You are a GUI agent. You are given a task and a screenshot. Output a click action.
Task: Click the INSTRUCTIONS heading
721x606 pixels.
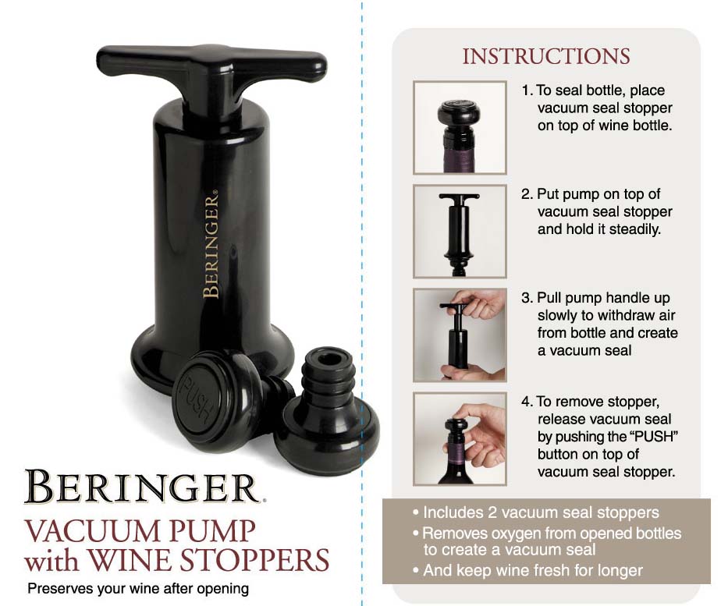(x=545, y=57)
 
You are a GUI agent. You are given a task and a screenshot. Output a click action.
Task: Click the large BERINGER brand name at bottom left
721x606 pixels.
(x=140, y=487)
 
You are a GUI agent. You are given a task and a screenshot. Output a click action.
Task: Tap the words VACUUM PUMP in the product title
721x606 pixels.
(x=140, y=531)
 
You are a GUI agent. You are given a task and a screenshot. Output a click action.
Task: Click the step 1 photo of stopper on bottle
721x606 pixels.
(x=460, y=127)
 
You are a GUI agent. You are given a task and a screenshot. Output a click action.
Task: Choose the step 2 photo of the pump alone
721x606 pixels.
(x=460, y=231)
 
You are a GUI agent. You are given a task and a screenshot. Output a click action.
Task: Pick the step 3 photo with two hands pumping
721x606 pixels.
(x=460, y=335)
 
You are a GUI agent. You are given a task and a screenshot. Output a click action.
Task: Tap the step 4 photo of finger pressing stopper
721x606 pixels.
(x=460, y=439)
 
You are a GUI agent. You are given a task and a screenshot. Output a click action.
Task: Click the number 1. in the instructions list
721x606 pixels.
(x=527, y=90)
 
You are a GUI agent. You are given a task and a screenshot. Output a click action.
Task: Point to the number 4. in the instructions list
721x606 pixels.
(x=527, y=402)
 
